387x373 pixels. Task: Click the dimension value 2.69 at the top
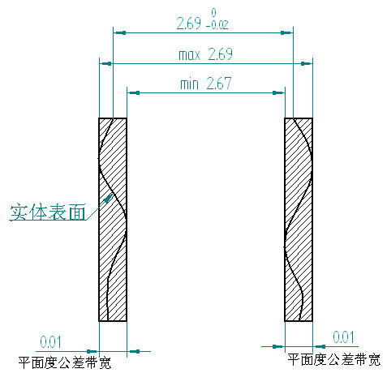pos(189,24)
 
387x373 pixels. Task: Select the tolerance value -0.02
pos(217,25)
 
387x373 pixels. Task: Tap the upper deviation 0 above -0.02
pos(213,13)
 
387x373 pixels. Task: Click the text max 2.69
pos(205,54)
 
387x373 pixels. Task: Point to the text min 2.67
pos(206,84)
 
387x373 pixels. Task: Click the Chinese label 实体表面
pos(48,212)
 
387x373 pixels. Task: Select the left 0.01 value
pos(50,342)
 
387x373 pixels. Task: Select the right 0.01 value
pos(343,337)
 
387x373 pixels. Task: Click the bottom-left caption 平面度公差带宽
pos(65,362)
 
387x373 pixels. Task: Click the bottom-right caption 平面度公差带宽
pos(333,360)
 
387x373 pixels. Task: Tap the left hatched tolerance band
pos(113,220)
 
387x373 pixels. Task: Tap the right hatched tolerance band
pos(299,220)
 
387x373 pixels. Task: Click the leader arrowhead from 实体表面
pos(109,198)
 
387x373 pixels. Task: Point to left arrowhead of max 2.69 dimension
pos(106,64)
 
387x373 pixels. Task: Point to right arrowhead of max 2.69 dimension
pos(307,64)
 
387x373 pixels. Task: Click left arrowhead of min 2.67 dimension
pos(134,93)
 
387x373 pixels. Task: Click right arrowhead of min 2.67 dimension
pos(278,93)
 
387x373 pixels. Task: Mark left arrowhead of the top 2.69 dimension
pos(119,33)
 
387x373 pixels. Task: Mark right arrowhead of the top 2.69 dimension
pos(286,33)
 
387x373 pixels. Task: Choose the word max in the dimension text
pos(189,55)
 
